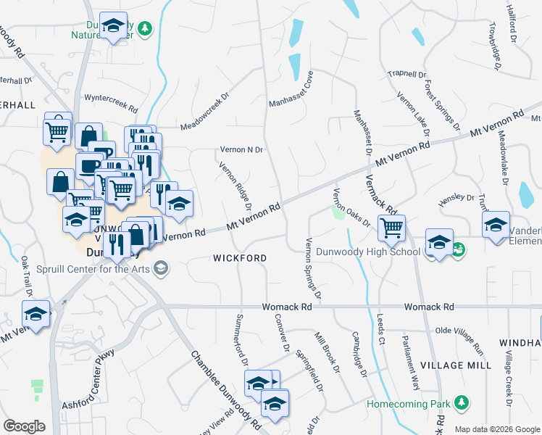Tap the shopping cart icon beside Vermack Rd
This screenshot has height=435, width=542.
391,228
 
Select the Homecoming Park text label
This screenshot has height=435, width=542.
409,402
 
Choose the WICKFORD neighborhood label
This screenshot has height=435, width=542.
239,258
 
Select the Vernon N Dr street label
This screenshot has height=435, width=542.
241,150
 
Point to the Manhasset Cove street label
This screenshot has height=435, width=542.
291,88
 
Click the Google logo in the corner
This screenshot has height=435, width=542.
24,426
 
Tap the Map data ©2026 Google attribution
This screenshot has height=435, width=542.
496,429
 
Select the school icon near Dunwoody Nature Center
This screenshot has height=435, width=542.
113,26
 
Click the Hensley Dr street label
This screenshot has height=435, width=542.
455,198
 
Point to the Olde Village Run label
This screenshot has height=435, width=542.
464,331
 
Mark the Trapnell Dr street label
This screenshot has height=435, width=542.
406,74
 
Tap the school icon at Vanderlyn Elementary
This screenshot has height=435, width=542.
496,225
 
